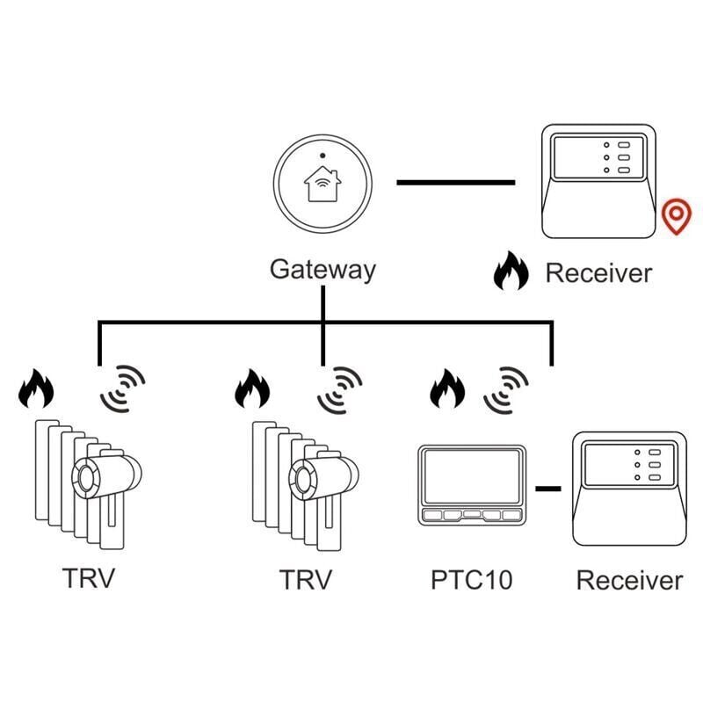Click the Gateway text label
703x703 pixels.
[323, 269]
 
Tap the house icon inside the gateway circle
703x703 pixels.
[323, 185]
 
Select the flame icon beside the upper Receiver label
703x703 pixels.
[511, 271]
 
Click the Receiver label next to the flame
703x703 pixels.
[598, 272]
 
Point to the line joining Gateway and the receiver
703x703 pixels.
[455, 182]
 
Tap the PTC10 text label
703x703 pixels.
[471, 580]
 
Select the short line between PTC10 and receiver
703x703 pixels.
[548, 487]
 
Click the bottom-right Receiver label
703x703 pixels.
[629, 580]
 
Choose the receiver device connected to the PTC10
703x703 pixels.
[629, 489]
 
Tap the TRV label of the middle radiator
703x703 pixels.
[306, 580]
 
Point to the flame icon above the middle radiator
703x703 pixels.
[252, 389]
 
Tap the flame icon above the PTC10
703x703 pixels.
[447, 389]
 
